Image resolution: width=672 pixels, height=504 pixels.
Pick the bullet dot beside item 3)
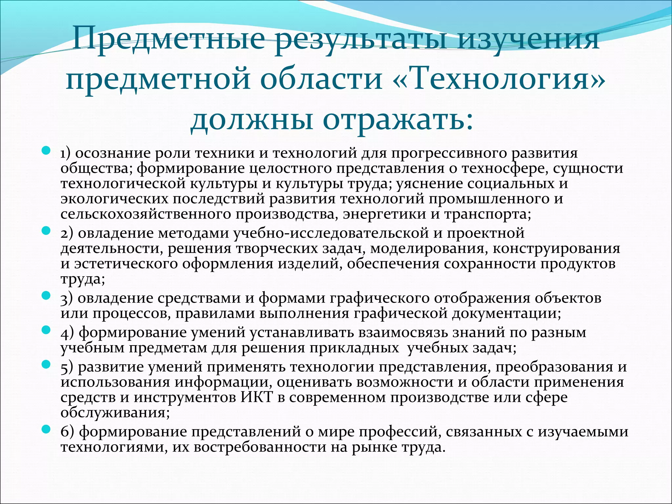46,296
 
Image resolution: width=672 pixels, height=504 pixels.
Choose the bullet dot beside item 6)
46,429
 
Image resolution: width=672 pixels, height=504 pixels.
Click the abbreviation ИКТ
257,397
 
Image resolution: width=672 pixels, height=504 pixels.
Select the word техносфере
505,168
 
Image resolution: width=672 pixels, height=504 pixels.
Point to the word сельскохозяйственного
145,214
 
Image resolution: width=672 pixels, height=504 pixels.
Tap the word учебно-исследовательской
331,233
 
